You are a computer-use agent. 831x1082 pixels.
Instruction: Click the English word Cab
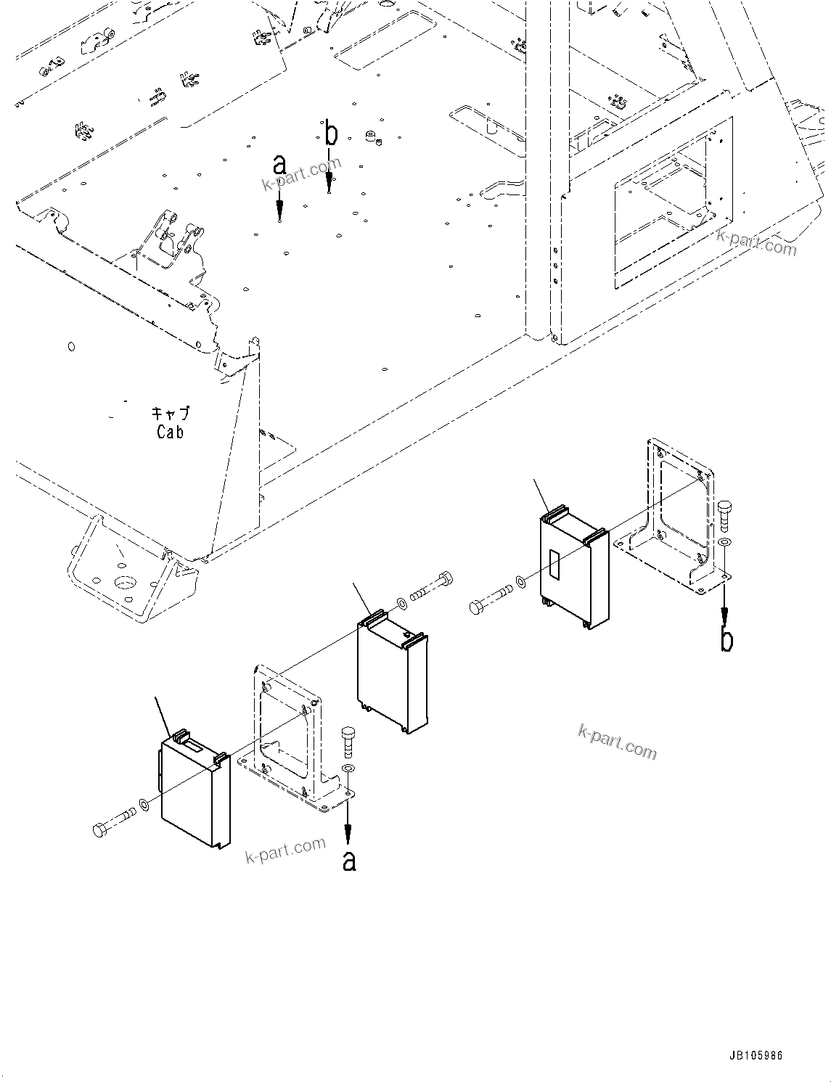(x=170, y=432)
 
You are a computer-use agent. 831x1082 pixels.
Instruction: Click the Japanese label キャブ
(x=171, y=414)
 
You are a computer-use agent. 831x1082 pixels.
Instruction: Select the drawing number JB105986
(x=752, y=1057)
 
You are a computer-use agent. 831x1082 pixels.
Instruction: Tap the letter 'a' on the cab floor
(x=279, y=165)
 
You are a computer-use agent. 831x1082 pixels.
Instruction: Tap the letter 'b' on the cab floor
(x=331, y=134)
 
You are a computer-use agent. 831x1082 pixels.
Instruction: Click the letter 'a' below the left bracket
(x=349, y=861)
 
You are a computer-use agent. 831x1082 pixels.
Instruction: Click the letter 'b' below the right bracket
(x=726, y=640)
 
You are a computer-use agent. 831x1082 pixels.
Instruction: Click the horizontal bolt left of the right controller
(x=490, y=599)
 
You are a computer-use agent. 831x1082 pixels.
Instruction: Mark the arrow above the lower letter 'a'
(x=348, y=824)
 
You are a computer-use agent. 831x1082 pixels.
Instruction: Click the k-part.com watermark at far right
(x=756, y=242)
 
